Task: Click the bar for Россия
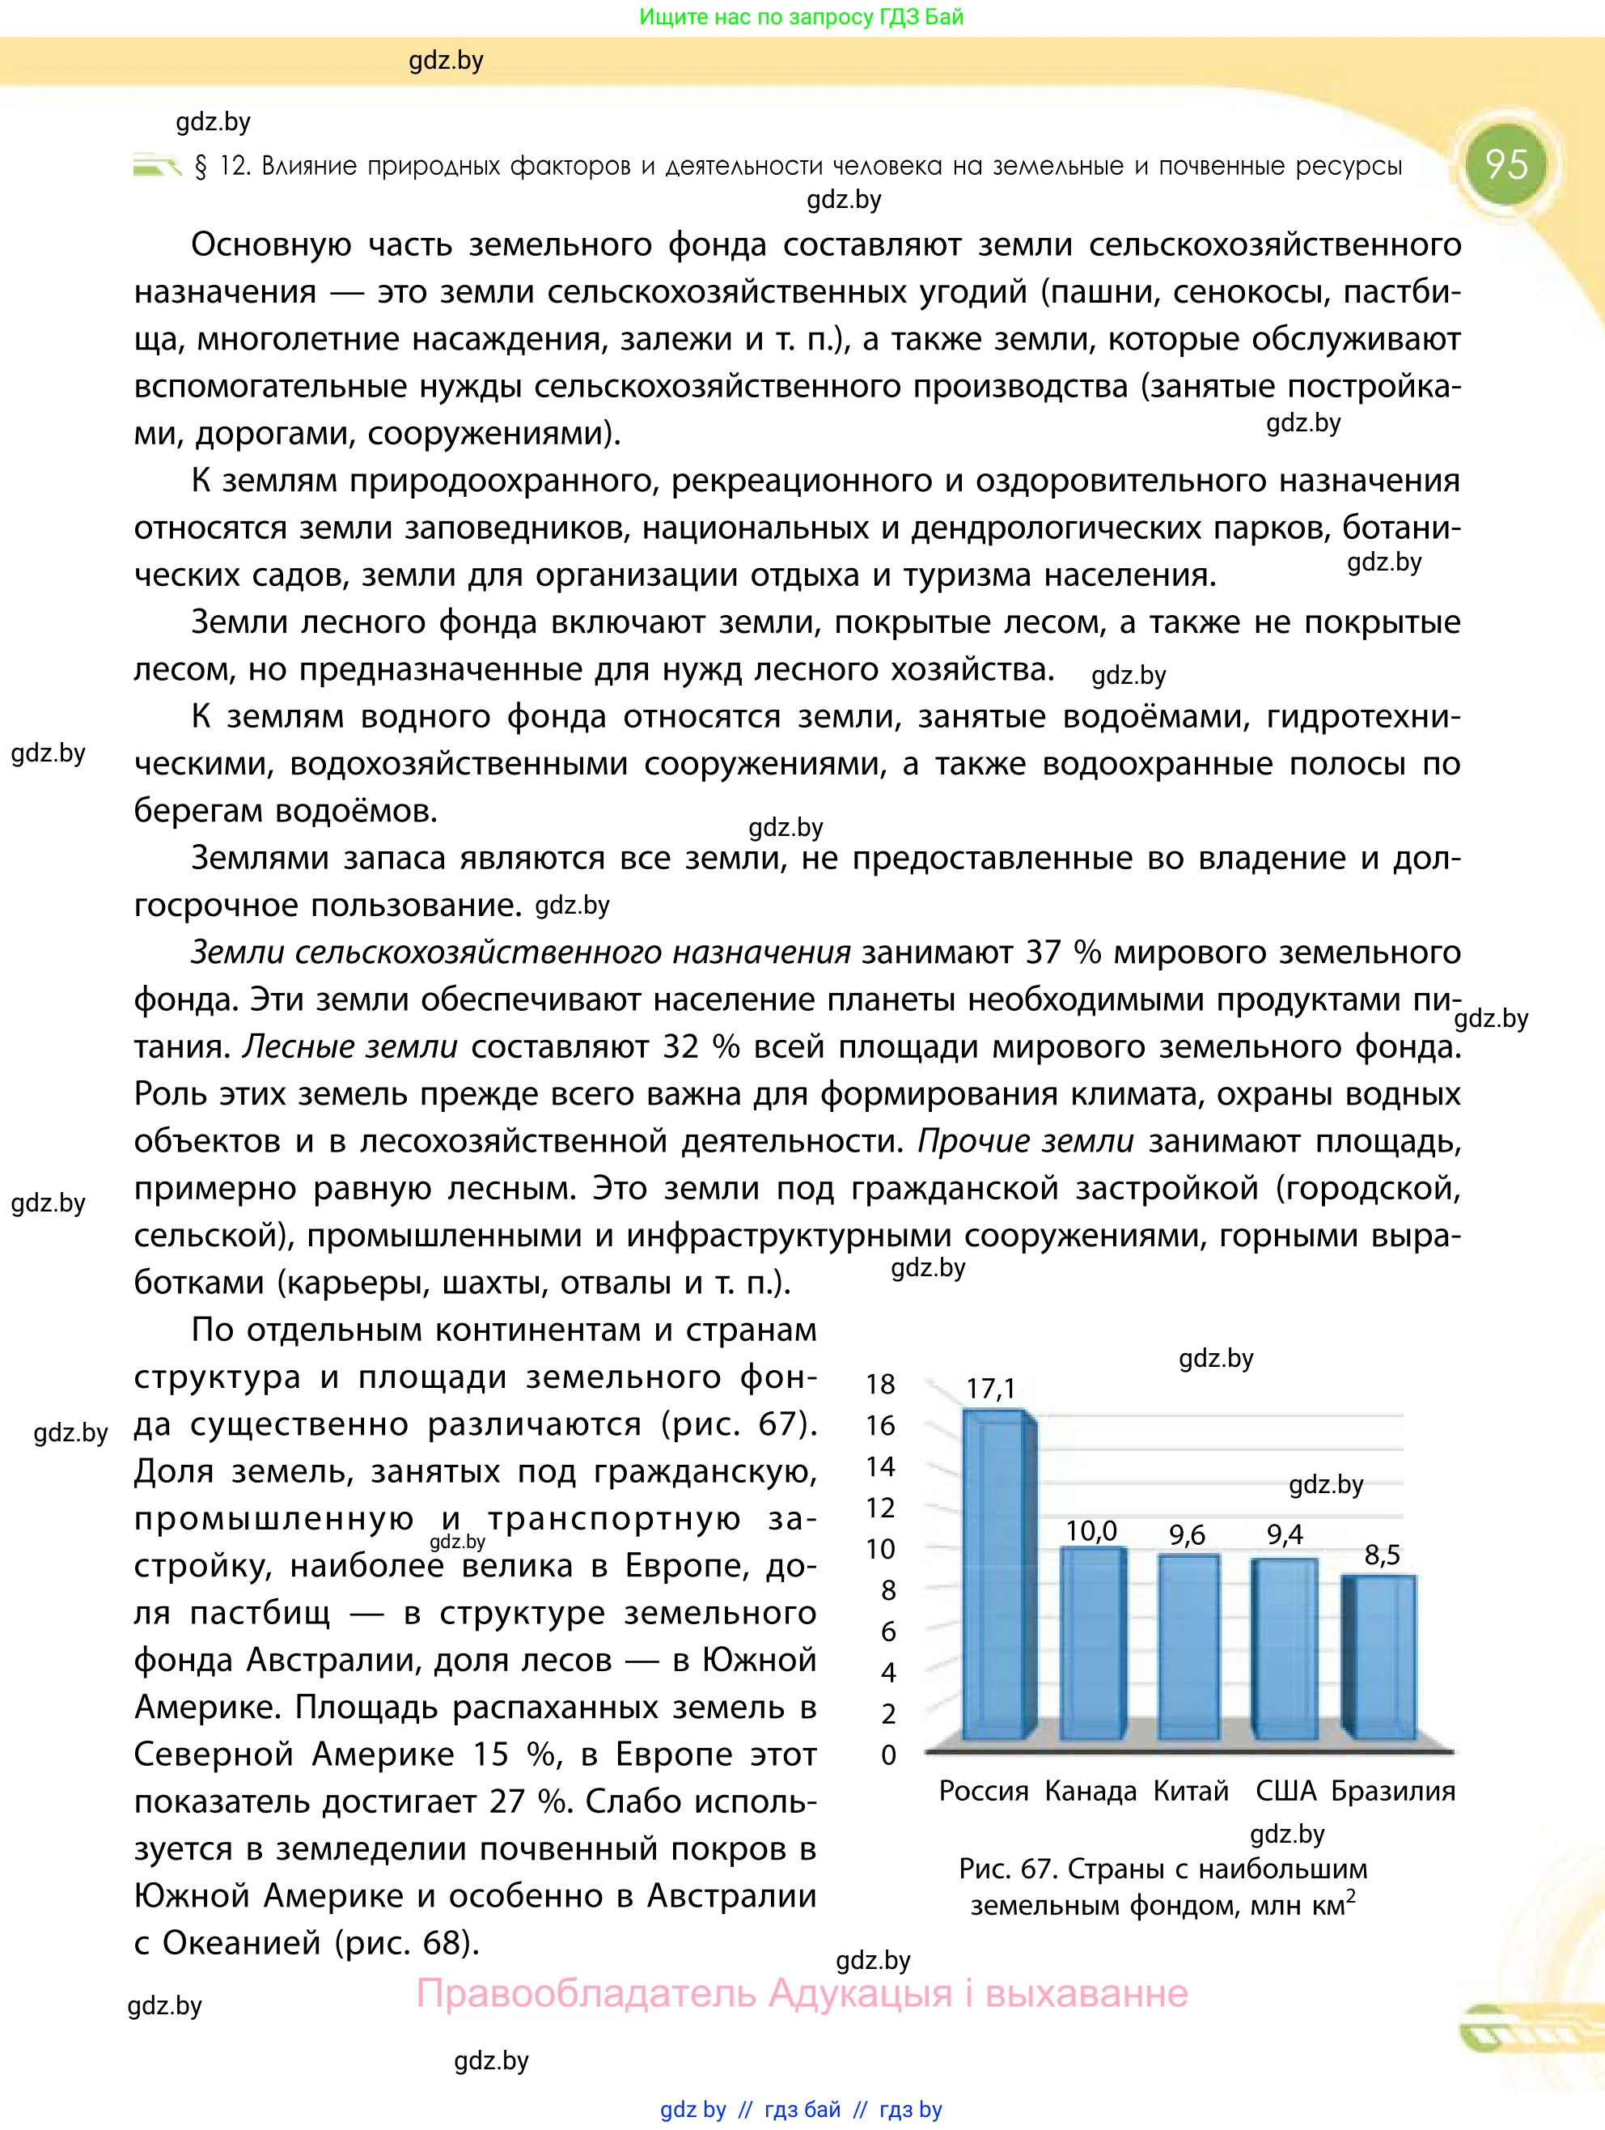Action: tap(997, 1579)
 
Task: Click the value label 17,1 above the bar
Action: tap(991, 1389)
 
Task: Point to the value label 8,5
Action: tap(1383, 1555)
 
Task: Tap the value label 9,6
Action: tap(1187, 1535)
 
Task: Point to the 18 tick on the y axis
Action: tap(880, 1385)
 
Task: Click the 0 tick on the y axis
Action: tap(887, 1755)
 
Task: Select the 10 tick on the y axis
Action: tap(880, 1550)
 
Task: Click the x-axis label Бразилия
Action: tap(1393, 1791)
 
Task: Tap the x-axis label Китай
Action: tap(1191, 1791)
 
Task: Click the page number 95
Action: tap(1505, 163)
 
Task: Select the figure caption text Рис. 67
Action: tap(1008, 1869)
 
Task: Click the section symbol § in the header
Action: tap(201, 167)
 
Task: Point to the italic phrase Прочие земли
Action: tap(1026, 1141)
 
